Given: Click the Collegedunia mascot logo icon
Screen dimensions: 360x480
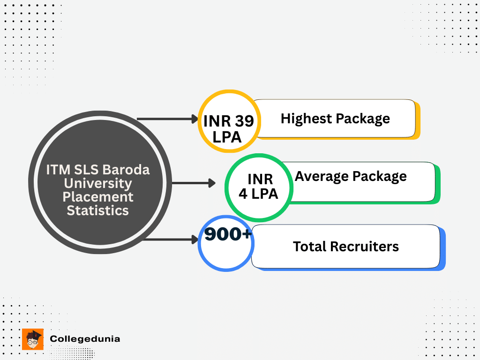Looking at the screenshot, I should click(32, 339).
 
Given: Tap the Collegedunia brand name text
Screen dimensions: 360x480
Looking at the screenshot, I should click(85, 338).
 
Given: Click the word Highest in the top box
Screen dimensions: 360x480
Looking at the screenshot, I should click(300, 119).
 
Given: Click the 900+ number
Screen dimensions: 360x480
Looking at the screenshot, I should click(228, 234).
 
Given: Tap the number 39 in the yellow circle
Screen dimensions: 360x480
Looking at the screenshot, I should click(244, 121).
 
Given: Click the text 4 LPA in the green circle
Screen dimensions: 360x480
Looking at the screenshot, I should click(258, 193).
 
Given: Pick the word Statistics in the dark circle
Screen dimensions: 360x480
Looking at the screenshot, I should click(97, 210).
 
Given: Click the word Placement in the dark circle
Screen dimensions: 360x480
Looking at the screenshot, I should click(98, 196).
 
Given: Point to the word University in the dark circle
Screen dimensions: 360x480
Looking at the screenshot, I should click(98, 183).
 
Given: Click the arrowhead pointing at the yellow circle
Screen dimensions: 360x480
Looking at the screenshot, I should click(195, 119).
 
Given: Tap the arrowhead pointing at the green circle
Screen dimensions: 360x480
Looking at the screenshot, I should click(212, 183).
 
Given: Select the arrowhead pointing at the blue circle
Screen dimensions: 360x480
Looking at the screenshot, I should click(195, 240).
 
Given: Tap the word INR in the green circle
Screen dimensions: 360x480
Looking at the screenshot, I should click(260, 179).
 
